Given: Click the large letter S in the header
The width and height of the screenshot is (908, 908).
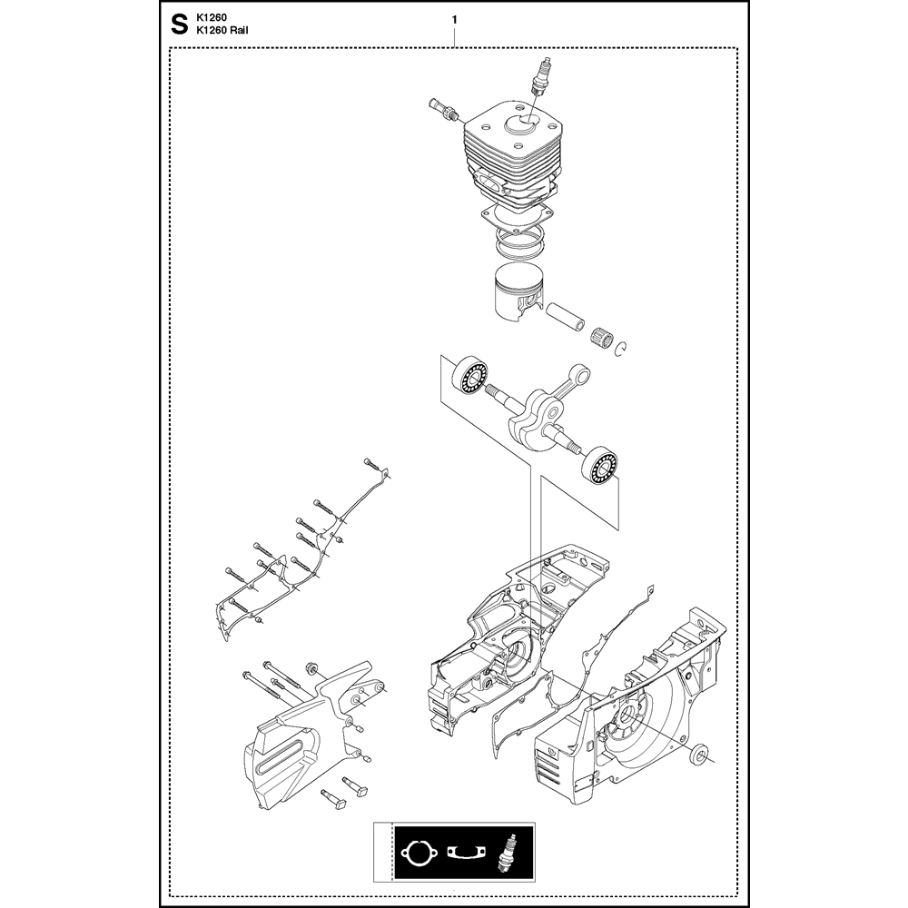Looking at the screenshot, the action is coord(180,25).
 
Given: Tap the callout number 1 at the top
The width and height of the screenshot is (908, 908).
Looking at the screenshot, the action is coord(455,20).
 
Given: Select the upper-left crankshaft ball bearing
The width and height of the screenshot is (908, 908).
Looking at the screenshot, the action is coord(469,376).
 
